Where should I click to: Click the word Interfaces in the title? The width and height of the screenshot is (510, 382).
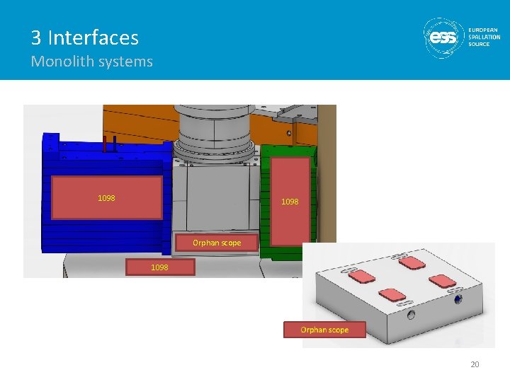93,37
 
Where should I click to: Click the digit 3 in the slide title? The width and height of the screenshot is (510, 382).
36,37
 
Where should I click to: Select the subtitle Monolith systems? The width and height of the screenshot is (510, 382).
91,62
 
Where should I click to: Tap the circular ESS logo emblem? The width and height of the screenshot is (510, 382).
443,37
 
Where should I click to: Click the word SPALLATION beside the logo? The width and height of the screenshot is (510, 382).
484,37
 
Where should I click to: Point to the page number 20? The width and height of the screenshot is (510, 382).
475,364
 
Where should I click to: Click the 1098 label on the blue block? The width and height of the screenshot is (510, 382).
107,198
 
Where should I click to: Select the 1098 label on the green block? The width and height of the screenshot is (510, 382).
290,202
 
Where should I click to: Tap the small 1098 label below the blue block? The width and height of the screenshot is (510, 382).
160,267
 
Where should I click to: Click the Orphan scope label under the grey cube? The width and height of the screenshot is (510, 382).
217,243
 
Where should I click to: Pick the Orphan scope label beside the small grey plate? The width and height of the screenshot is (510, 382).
324,330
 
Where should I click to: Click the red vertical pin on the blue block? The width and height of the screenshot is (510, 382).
105,144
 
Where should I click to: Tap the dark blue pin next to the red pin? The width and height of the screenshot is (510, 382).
115,144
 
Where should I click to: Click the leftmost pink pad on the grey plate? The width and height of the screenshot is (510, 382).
362,277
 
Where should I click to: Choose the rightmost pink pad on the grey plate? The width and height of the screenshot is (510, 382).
442,281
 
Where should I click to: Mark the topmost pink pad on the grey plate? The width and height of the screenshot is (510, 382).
412,262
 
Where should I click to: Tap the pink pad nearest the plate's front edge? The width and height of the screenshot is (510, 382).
392,294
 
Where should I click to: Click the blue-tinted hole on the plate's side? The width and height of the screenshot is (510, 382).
458,299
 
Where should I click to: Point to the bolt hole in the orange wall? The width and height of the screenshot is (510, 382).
289,133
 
